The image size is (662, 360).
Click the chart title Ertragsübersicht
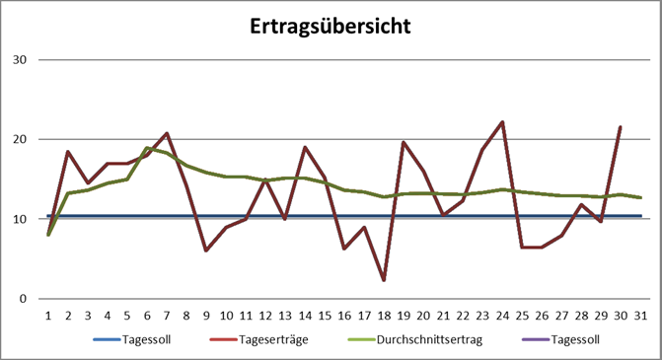pyautogui.click(x=331, y=26)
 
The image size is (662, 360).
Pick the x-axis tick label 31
pyautogui.click(x=641, y=315)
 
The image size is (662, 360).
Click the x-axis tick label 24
pyautogui.click(x=503, y=315)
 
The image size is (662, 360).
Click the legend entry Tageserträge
pyautogui.click(x=261, y=339)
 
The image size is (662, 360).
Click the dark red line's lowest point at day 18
pyautogui.click(x=385, y=280)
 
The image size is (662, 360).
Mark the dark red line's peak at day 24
pyautogui.click(x=502, y=122)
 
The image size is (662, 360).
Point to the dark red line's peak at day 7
pyautogui.click(x=167, y=133)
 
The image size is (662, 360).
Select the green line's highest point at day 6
pyautogui.click(x=147, y=148)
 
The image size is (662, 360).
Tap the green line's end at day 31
pyautogui.click(x=640, y=197)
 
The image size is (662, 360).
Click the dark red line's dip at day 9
pyautogui.click(x=206, y=251)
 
